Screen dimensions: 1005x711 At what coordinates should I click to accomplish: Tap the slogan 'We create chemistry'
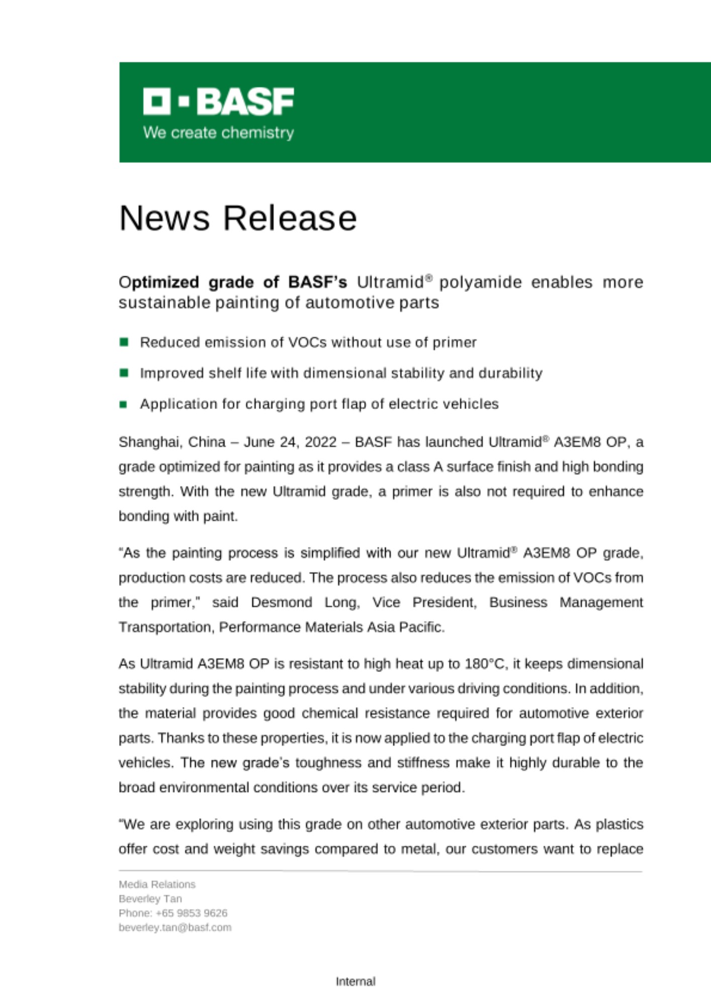(218, 133)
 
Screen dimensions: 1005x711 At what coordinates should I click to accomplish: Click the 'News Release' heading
(238, 218)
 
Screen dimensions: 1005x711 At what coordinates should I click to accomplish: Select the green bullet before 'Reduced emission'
(124, 342)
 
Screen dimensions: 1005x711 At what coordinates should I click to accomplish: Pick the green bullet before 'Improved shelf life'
(124, 373)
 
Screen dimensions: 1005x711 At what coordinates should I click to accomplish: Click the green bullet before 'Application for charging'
(124, 404)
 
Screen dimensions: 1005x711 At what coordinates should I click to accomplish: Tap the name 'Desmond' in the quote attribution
(281, 602)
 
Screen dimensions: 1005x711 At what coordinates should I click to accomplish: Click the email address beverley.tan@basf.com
(175, 927)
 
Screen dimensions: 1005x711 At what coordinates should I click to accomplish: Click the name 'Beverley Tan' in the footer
(150, 898)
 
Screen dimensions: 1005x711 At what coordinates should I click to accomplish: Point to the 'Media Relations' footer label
(157, 884)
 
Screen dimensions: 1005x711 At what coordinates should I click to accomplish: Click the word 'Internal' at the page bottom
(355, 981)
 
